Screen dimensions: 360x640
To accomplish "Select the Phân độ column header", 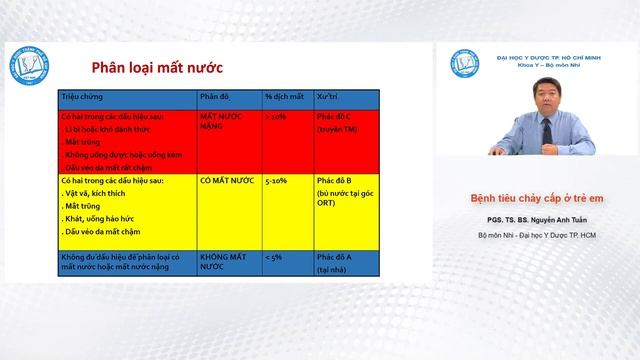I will (x=216, y=97).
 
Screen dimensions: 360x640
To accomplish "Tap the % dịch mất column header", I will (x=284, y=97).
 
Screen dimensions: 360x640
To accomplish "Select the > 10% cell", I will (x=276, y=117).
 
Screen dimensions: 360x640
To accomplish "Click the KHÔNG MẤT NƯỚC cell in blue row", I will (x=222, y=262).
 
